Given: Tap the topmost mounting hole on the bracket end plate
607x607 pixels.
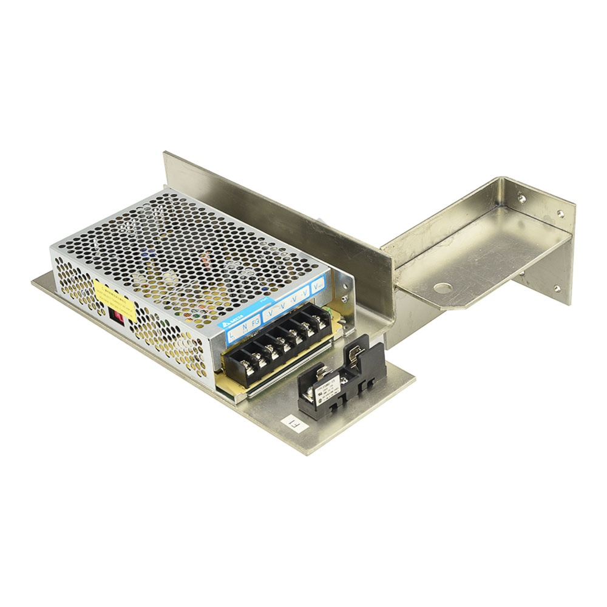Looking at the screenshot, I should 521,197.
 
